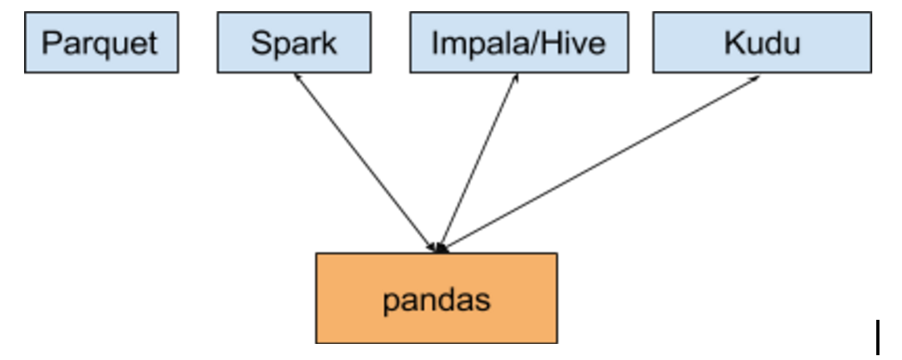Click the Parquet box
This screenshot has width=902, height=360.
[x=101, y=43]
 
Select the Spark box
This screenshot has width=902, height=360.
[x=293, y=43]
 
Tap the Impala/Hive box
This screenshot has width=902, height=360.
[x=519, y=43]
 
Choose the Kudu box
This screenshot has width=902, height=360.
[x=761, y=43]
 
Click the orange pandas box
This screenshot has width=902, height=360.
[x=436, y=299]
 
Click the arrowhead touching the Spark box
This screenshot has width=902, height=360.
[x=297, y=76]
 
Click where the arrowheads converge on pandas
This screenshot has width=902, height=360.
[x=439, y=248]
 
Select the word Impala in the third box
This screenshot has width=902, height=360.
[x=469, y=43]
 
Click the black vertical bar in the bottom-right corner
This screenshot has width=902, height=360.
[x=878, y=337]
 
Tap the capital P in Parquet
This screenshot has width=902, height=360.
[x=50, y=43]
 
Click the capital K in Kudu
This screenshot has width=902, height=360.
[x=733, y=43]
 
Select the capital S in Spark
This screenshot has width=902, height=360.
[x=260, y=43]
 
